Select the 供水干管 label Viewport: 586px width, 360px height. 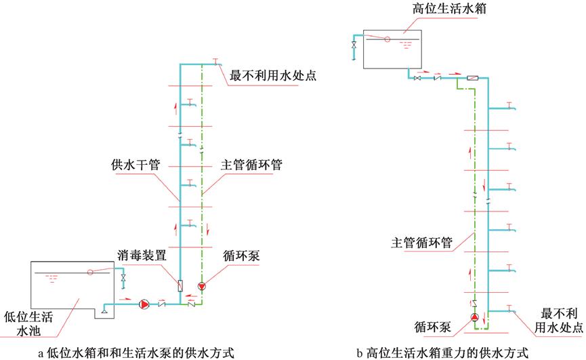(135, 165)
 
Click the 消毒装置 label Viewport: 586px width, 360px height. (142, 256)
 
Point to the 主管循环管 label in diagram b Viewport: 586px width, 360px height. (421, 242)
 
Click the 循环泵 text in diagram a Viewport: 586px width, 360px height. (241, 256)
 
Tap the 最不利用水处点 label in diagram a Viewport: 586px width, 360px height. (273, 75)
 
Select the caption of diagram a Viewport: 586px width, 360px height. (136, 353)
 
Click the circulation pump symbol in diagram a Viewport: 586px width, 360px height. (201, 286)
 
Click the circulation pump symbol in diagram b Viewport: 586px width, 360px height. (475, 317)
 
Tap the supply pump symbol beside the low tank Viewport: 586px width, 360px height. (144, 304)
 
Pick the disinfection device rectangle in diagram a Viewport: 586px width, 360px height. (180, 285)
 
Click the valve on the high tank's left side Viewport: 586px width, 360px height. (354, 45)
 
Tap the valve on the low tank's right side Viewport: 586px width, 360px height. (123, 279)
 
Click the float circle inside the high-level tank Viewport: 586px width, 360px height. (387, 39)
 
